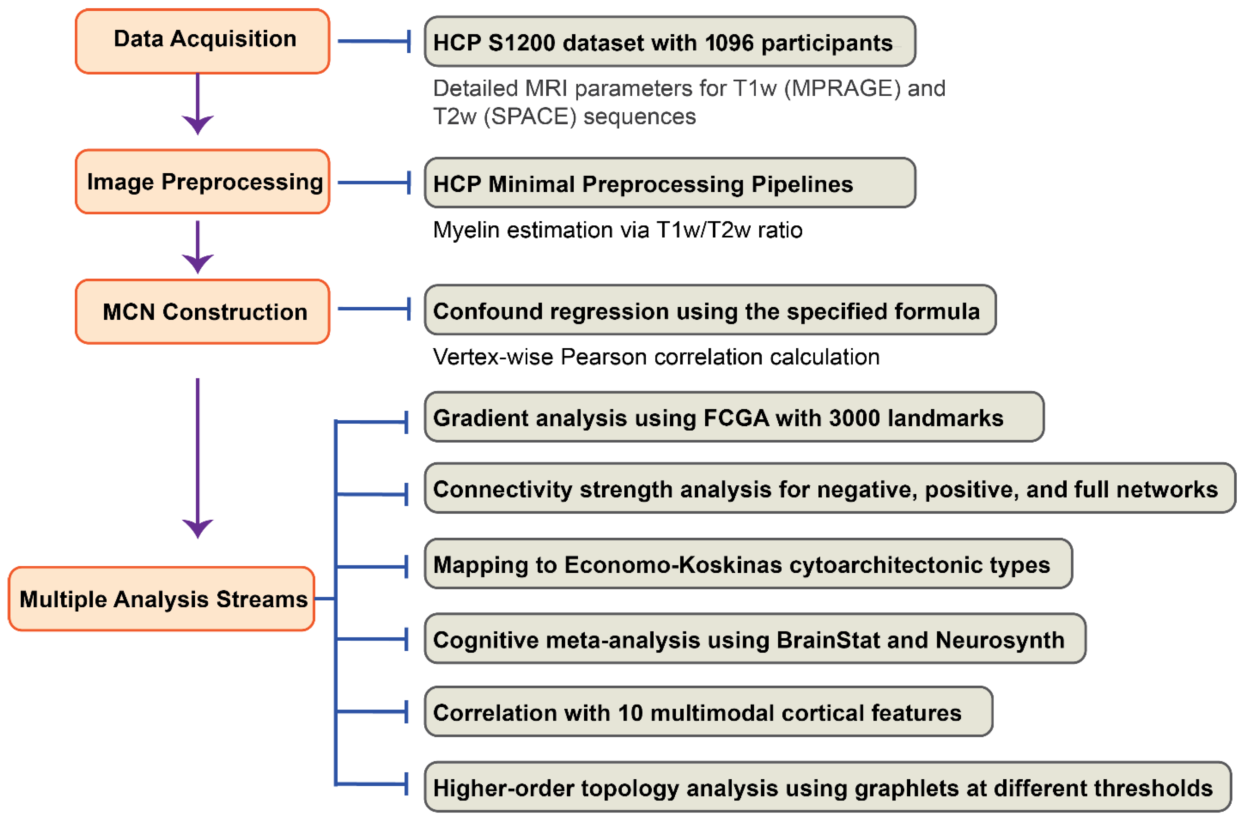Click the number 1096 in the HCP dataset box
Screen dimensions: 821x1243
[729, 43]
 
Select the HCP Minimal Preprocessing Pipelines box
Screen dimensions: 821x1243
[669, 183]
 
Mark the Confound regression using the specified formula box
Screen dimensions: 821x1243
[709, 310]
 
